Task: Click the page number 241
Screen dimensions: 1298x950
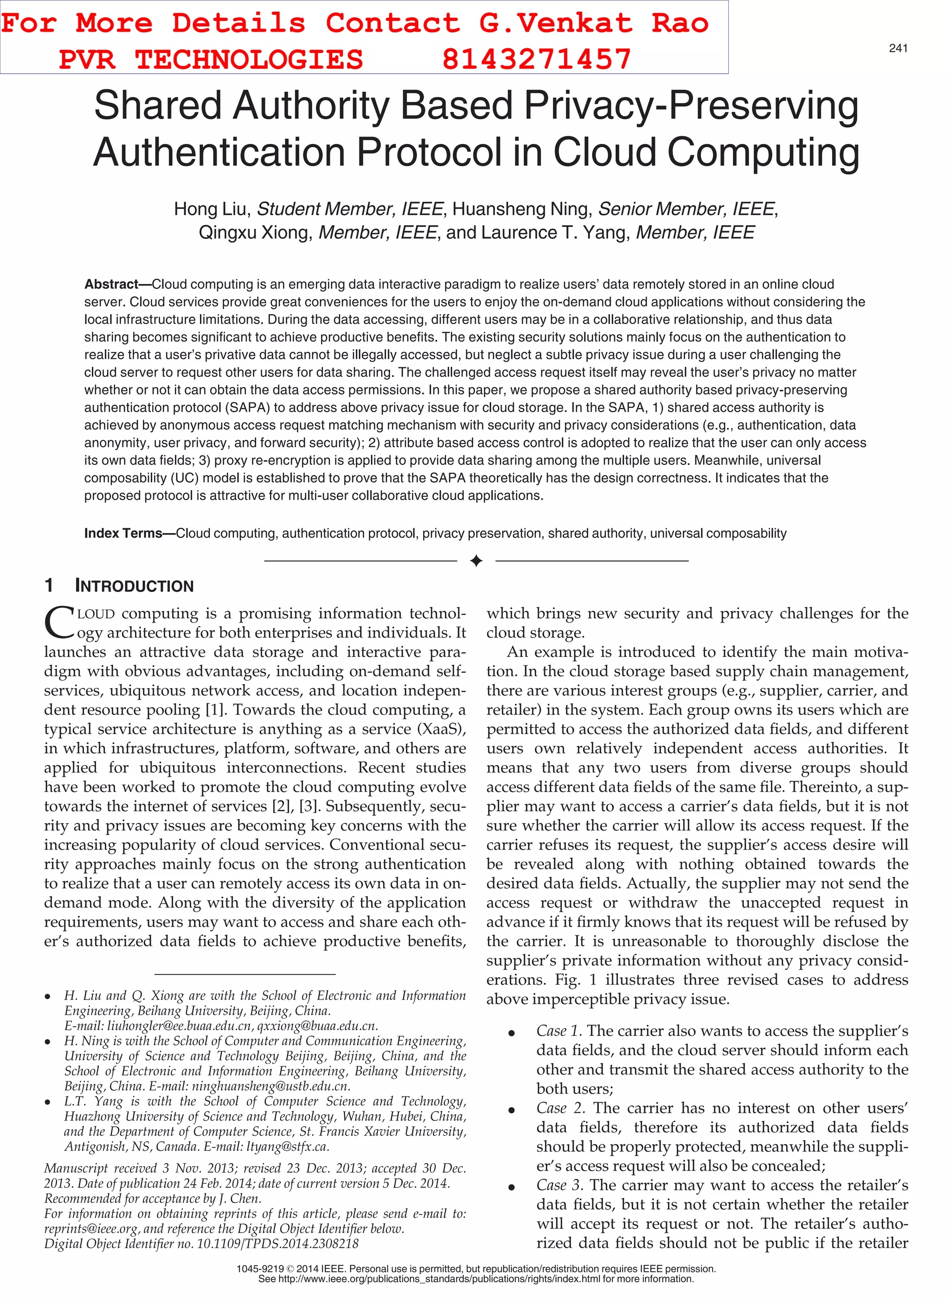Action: [x=898, y=48]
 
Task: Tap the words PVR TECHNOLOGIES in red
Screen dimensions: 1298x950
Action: [x=211, y=59]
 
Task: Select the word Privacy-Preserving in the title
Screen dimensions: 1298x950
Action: [x=691, y=105]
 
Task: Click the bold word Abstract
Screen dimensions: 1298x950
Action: [x=111, y=284]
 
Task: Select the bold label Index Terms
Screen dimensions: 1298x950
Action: [x=123, y=533]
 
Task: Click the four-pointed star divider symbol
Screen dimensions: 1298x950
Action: [x=475, y=560]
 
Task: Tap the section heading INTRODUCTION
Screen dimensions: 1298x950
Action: [x=134, y=586]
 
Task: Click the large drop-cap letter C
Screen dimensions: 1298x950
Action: [x=58, y=623]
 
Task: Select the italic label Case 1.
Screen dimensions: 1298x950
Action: [x=558, y=1031]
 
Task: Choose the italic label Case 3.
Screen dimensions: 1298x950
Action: [x=559, y=1185]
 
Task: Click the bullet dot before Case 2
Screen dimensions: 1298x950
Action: [x=511, y=1110]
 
